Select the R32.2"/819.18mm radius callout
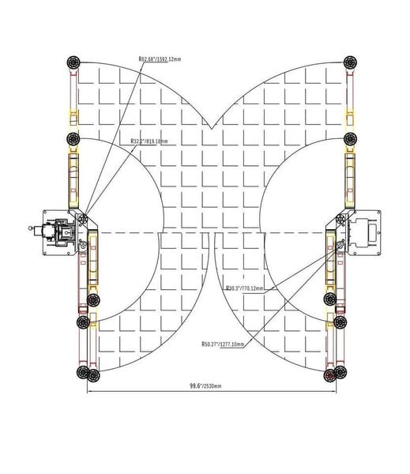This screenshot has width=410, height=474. [150, 141]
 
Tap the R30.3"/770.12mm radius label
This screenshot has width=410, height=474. [245, 288]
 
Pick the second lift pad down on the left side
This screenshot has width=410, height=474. [73, 139]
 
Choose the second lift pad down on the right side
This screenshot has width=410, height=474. [350, 139]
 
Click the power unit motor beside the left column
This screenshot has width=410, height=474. [57, 233]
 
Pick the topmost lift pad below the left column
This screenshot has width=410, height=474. [93, 300]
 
